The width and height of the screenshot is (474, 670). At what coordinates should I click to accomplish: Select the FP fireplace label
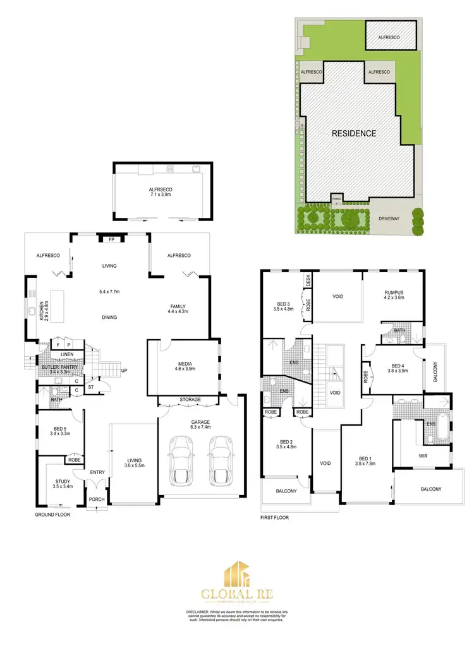111,239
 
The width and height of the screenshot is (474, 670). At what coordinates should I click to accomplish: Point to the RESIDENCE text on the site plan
354,133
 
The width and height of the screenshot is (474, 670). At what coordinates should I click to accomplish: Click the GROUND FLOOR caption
52,515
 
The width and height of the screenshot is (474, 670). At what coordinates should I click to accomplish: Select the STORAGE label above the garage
190,400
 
